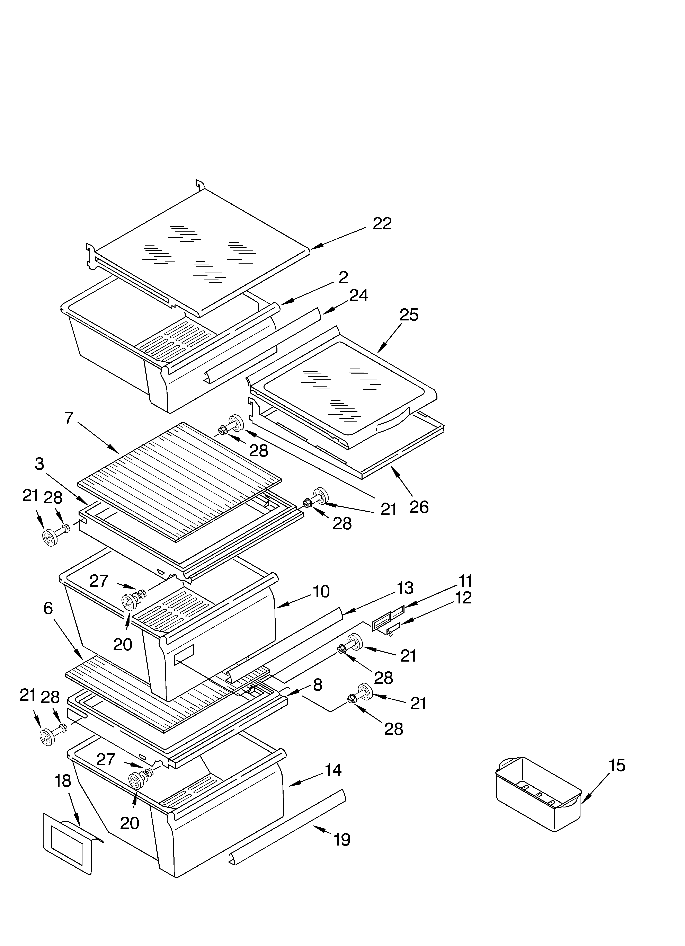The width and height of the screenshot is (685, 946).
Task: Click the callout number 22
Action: tap(382, 224)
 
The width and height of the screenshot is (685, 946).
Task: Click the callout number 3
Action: tap(40, 463)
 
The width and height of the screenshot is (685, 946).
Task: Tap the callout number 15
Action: tap(617, 765)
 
